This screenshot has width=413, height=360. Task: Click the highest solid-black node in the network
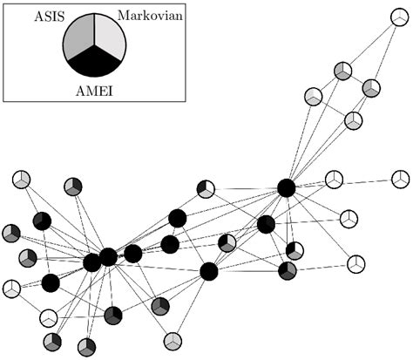coord(286,187)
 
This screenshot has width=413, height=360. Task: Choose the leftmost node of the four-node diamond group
coord(314,95)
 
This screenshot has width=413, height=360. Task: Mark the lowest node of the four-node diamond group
coord(353,120)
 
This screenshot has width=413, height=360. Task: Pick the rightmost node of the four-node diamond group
coord(371,88)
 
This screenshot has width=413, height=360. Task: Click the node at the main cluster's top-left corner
coord(22,180)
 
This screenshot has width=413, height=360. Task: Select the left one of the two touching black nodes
coord(91,262)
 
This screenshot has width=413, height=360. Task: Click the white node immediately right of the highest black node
coord(334,180)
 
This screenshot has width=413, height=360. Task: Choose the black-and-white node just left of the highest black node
coord(206,188)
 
